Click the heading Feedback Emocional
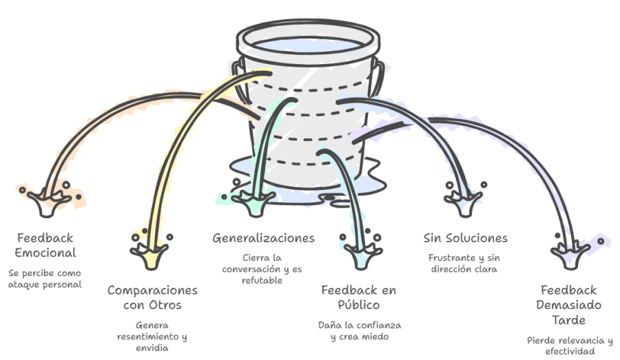coord(45,245)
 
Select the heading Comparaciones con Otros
coord(152,297)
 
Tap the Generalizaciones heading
coord(263,238)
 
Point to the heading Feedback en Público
coord(359,297)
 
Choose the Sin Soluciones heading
coord(466,238)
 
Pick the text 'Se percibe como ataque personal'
coord(45,278)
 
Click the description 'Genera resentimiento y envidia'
coord(152,337)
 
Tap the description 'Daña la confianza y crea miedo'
coord(359,330)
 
